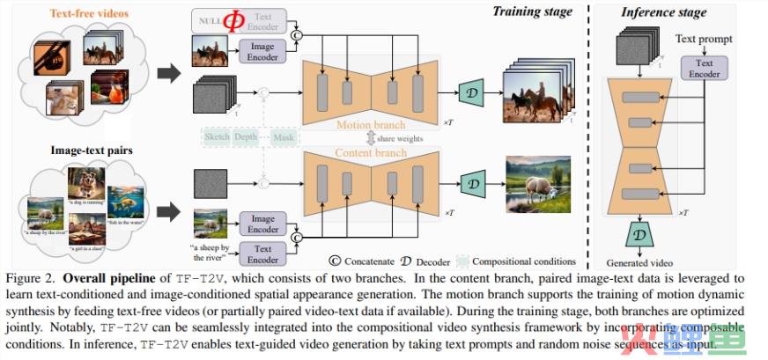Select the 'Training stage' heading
click(x=531, y=11)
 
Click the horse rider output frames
click(x=538, y=95)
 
